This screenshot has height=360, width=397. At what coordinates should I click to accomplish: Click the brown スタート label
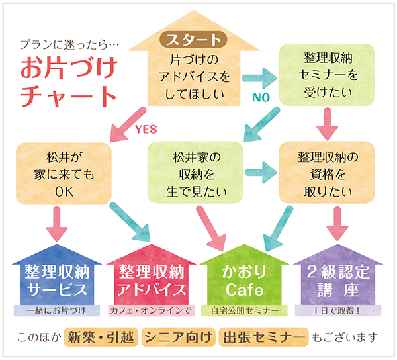(x=194, y=38)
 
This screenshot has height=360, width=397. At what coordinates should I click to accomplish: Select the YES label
(x=146, y=129)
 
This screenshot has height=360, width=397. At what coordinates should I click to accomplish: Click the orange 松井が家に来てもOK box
(x=63, y=174)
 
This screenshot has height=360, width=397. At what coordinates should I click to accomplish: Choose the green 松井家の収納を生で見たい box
(x=195, y=174)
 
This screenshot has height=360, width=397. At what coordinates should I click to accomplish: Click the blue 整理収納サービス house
(x=56, y=278)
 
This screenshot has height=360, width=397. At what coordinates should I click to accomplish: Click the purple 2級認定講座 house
(x=337, y=278)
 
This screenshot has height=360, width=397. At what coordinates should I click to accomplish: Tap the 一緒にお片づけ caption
(x=56, y=310)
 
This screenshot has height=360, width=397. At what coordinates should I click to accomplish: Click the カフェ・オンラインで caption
(x=150, y=310)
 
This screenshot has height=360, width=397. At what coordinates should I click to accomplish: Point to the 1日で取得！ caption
(x=337, y=310)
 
